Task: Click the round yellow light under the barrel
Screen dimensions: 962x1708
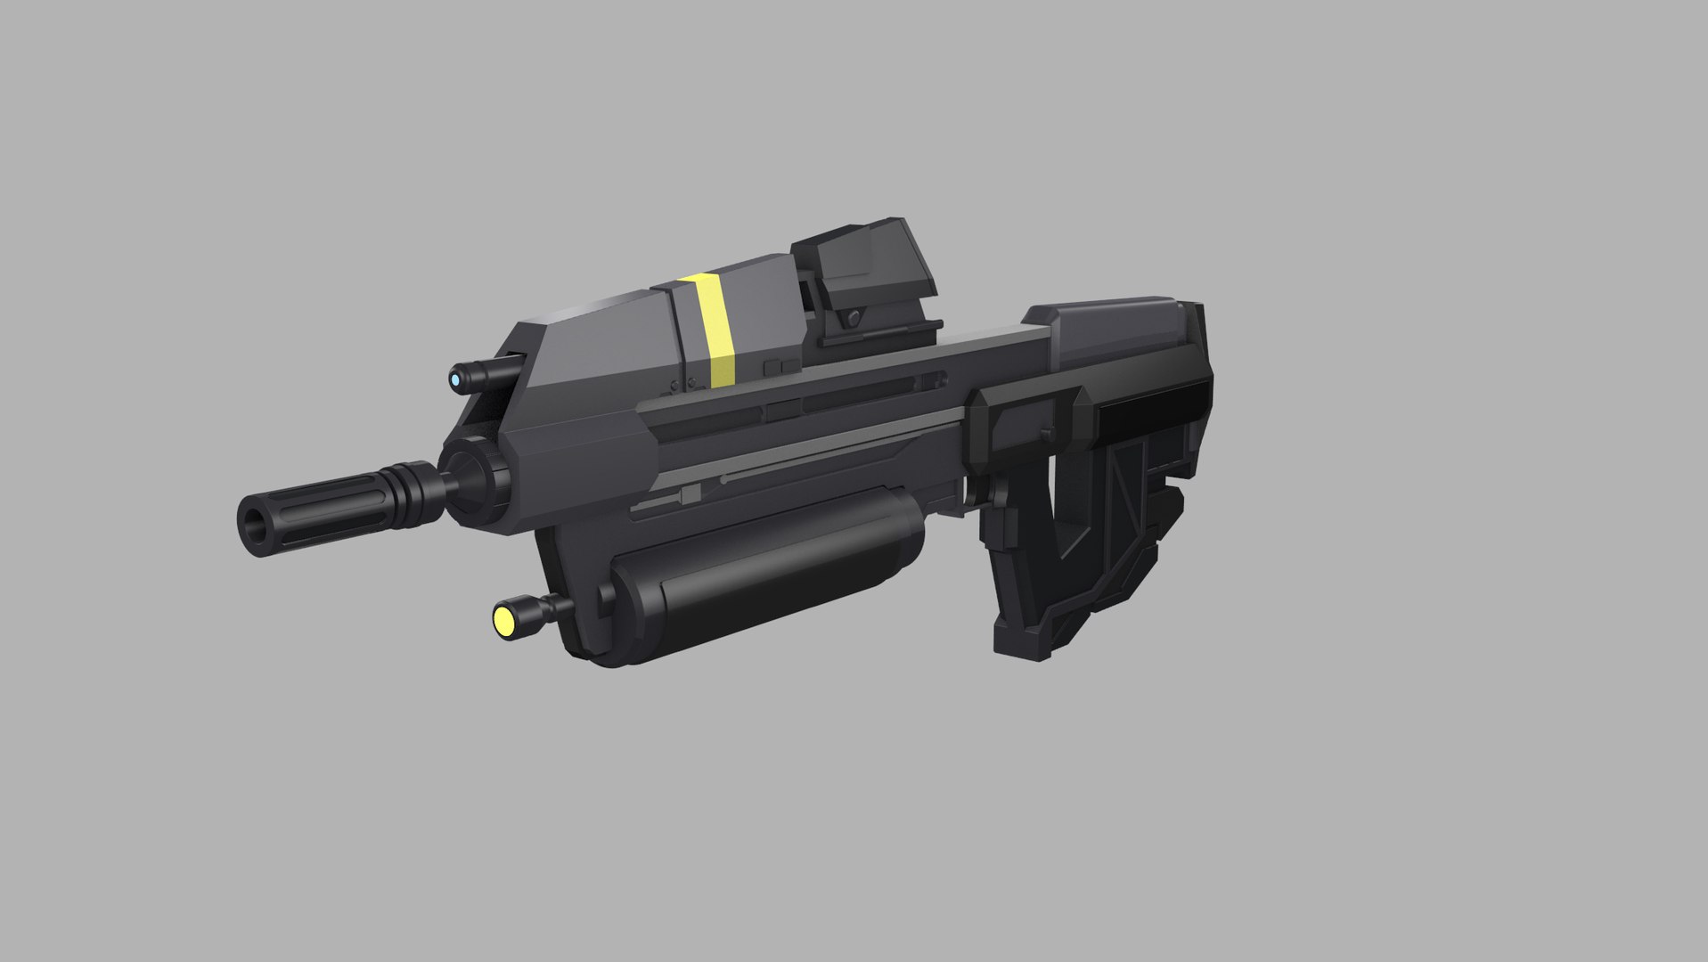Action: [x=504, y=620]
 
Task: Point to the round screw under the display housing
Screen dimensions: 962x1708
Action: [x=854, y=317]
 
